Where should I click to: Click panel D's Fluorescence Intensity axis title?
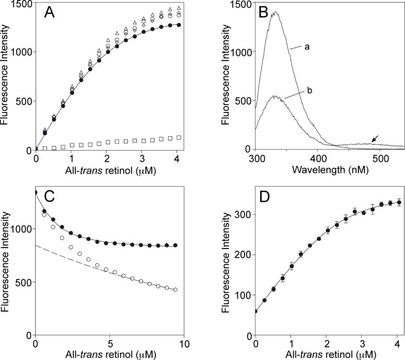coord(225,266)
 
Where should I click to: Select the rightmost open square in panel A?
coord(179,138)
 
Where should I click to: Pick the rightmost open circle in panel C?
coord(175,290)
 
